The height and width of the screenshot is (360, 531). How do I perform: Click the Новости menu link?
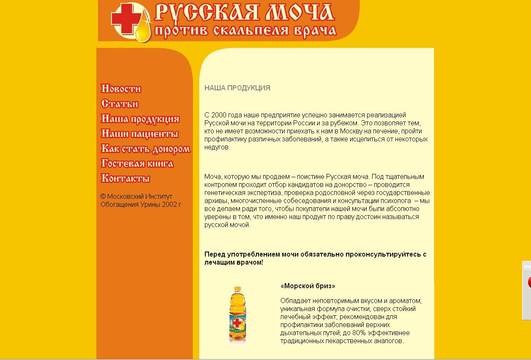click(x=121, y=89)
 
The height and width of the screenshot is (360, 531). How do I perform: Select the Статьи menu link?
click(x=120, y=104)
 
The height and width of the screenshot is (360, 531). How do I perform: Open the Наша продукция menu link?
click(x=140, y=119)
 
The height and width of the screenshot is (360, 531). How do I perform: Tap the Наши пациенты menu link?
click(x=139, y=134)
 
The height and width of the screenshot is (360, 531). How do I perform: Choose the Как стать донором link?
click(x=145, y=149)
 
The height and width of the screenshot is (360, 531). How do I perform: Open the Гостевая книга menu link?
click(x=137, y=163)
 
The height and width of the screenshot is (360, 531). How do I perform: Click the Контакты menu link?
click(x=125, y=178)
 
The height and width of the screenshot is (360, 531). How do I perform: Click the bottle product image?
click(x=237, y=314)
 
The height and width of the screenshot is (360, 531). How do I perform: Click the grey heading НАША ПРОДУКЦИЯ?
click(x=237, y=88)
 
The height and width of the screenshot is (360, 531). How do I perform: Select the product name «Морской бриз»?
click(x=308, y=286)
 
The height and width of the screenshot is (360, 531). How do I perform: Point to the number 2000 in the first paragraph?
click(x=218, y=115)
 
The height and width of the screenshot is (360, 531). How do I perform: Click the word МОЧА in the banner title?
click(x=299, y=12)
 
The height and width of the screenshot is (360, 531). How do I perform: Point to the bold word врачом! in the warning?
click(x=251, y=263)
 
